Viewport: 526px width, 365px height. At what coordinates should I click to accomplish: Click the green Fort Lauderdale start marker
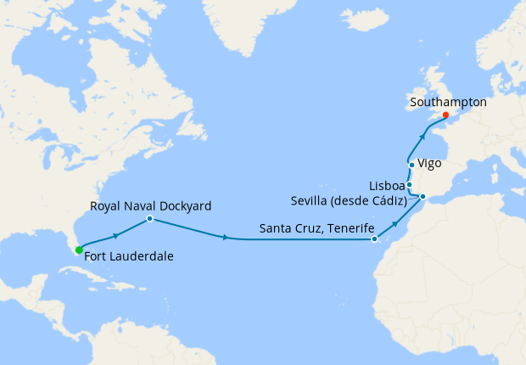point(78,250)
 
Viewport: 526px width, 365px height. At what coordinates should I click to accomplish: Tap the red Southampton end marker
point(445,115)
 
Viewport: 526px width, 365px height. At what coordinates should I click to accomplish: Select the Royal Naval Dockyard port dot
point(149,219)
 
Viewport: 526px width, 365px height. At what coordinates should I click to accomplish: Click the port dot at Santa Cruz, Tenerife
point(374,239)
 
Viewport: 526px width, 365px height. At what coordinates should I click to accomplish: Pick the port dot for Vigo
point(411,165)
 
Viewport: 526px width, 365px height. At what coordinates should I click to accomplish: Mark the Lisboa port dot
point(409,184)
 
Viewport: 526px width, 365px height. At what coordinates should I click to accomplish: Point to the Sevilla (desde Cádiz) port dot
point(423,199)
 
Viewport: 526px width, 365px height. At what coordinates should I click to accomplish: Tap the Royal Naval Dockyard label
point(151,205)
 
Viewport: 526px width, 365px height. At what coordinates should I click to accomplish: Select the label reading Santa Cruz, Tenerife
point(316,227)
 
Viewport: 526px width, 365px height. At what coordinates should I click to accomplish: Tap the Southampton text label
point(448,101)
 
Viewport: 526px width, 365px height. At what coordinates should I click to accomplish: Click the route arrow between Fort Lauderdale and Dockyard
point(115,233)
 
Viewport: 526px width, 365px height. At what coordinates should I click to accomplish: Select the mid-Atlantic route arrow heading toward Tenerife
point(225,238)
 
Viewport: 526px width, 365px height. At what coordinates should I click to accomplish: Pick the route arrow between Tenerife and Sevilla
point(395,224)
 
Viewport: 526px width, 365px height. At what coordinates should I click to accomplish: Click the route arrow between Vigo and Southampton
point(423,133)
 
